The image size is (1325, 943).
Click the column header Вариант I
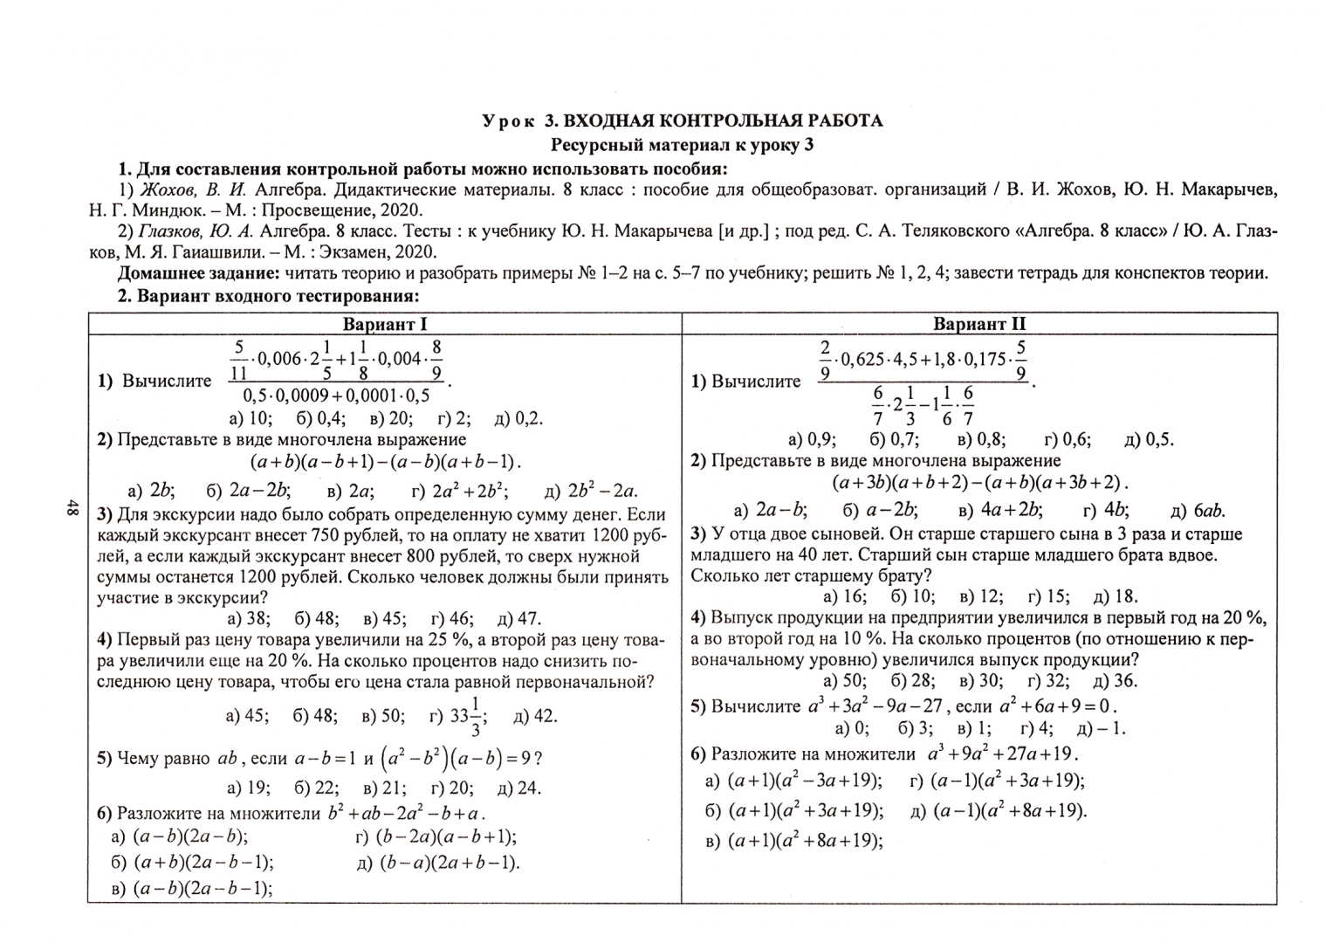[385, 324]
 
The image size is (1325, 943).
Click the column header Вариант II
[979, 324]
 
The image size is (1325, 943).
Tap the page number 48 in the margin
[72, 509]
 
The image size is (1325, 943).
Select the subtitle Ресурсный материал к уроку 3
[682, 144]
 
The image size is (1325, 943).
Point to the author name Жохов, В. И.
[194, 189]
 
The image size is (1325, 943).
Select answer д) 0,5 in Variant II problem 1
[1149, 439]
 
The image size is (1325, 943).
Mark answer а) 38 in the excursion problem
[249, 619]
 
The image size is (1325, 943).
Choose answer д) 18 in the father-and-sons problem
[1115, 596]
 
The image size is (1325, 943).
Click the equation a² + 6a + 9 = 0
[1058, 706]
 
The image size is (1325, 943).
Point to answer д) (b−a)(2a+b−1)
[438, 863]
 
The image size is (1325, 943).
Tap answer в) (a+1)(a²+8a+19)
[793, 841]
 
